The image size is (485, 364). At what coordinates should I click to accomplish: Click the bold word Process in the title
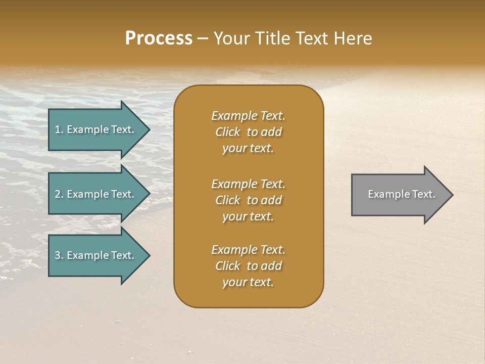click(x=159, y=38)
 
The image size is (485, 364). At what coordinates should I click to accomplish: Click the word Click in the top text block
click(x=227, y=132)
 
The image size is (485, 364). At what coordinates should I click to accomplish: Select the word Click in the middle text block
click(x=227, y=200)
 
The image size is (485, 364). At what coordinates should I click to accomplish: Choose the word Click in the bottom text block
click(x=227, y=266)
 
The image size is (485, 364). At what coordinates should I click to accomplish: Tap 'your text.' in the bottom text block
click(x=248, y=283)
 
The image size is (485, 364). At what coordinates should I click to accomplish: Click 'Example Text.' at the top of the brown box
click(x=248, y=116)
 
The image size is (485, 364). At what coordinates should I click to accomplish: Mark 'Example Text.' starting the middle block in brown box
click(x=248, y=184)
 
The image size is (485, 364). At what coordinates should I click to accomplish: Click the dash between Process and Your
click(x=203, y=39)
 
